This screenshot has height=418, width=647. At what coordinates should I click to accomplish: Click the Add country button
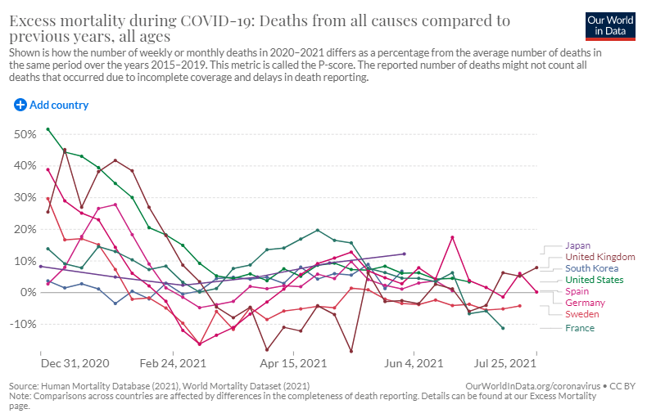pos(51,105)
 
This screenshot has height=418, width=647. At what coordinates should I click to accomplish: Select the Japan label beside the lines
pos(579,245)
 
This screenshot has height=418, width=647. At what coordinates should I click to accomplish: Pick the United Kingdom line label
pos(599,256)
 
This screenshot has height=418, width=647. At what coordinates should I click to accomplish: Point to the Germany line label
pos(586,303)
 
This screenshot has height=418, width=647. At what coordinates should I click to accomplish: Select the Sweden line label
pos(582,314)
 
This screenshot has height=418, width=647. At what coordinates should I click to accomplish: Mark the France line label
pos(580,328)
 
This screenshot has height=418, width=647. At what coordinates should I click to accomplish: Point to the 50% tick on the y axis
pos(25,133)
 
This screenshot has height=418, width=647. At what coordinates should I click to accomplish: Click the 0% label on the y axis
pos(28,292)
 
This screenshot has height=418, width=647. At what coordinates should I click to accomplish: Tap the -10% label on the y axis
pos(23,324)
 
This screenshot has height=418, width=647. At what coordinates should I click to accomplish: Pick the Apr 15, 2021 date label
pos(293,362)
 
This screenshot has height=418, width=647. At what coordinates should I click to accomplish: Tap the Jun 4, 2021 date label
pos(414,362)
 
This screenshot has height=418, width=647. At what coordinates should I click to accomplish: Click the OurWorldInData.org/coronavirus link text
pos(532,385)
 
